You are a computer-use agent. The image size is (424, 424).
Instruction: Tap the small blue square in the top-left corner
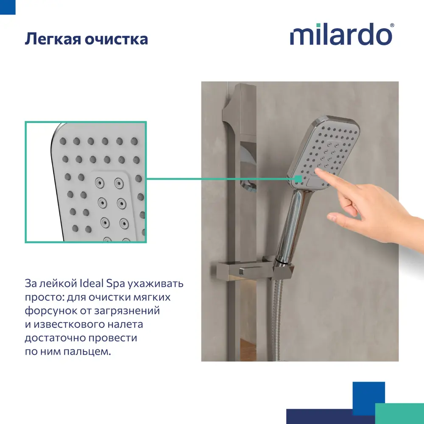(8, 7)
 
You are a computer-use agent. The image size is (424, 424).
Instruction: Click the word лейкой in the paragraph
(61, 284)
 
